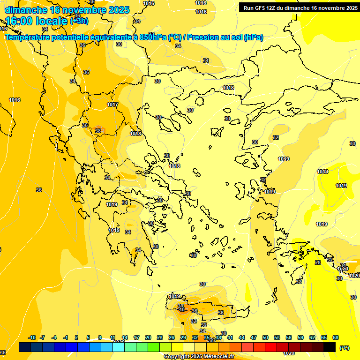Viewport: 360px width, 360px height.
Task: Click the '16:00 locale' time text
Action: pyautogui.click(x=37, y=21)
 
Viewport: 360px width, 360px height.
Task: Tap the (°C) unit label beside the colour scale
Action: pyautogui.click(x=344, y=348)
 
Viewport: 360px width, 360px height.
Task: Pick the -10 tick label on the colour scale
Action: pyautogui.click(x=32, y=337)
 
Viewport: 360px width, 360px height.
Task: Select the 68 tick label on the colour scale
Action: pyautogui.click(x=336, y=337)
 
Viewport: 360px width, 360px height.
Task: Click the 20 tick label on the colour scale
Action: pyautogui.click(x=148, y=337)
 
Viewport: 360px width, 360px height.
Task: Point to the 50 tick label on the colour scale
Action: pyautogui.click(x=265, y=337)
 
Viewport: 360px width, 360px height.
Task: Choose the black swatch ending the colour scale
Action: pyautogui.click(x=330, y=347)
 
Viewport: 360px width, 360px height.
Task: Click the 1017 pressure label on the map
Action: pyautogui.click(x=112, y=105)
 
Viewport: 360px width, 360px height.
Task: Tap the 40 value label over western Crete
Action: pyautogui.click(x=181, y=309)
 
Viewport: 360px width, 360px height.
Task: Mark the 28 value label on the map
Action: pyautogui.click(x=318, y=262)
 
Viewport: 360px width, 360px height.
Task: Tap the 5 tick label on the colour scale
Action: pyautogui.click(x=88, y=337)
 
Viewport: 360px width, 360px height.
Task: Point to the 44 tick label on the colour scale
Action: pyautogui.click(x=242, y=337)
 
